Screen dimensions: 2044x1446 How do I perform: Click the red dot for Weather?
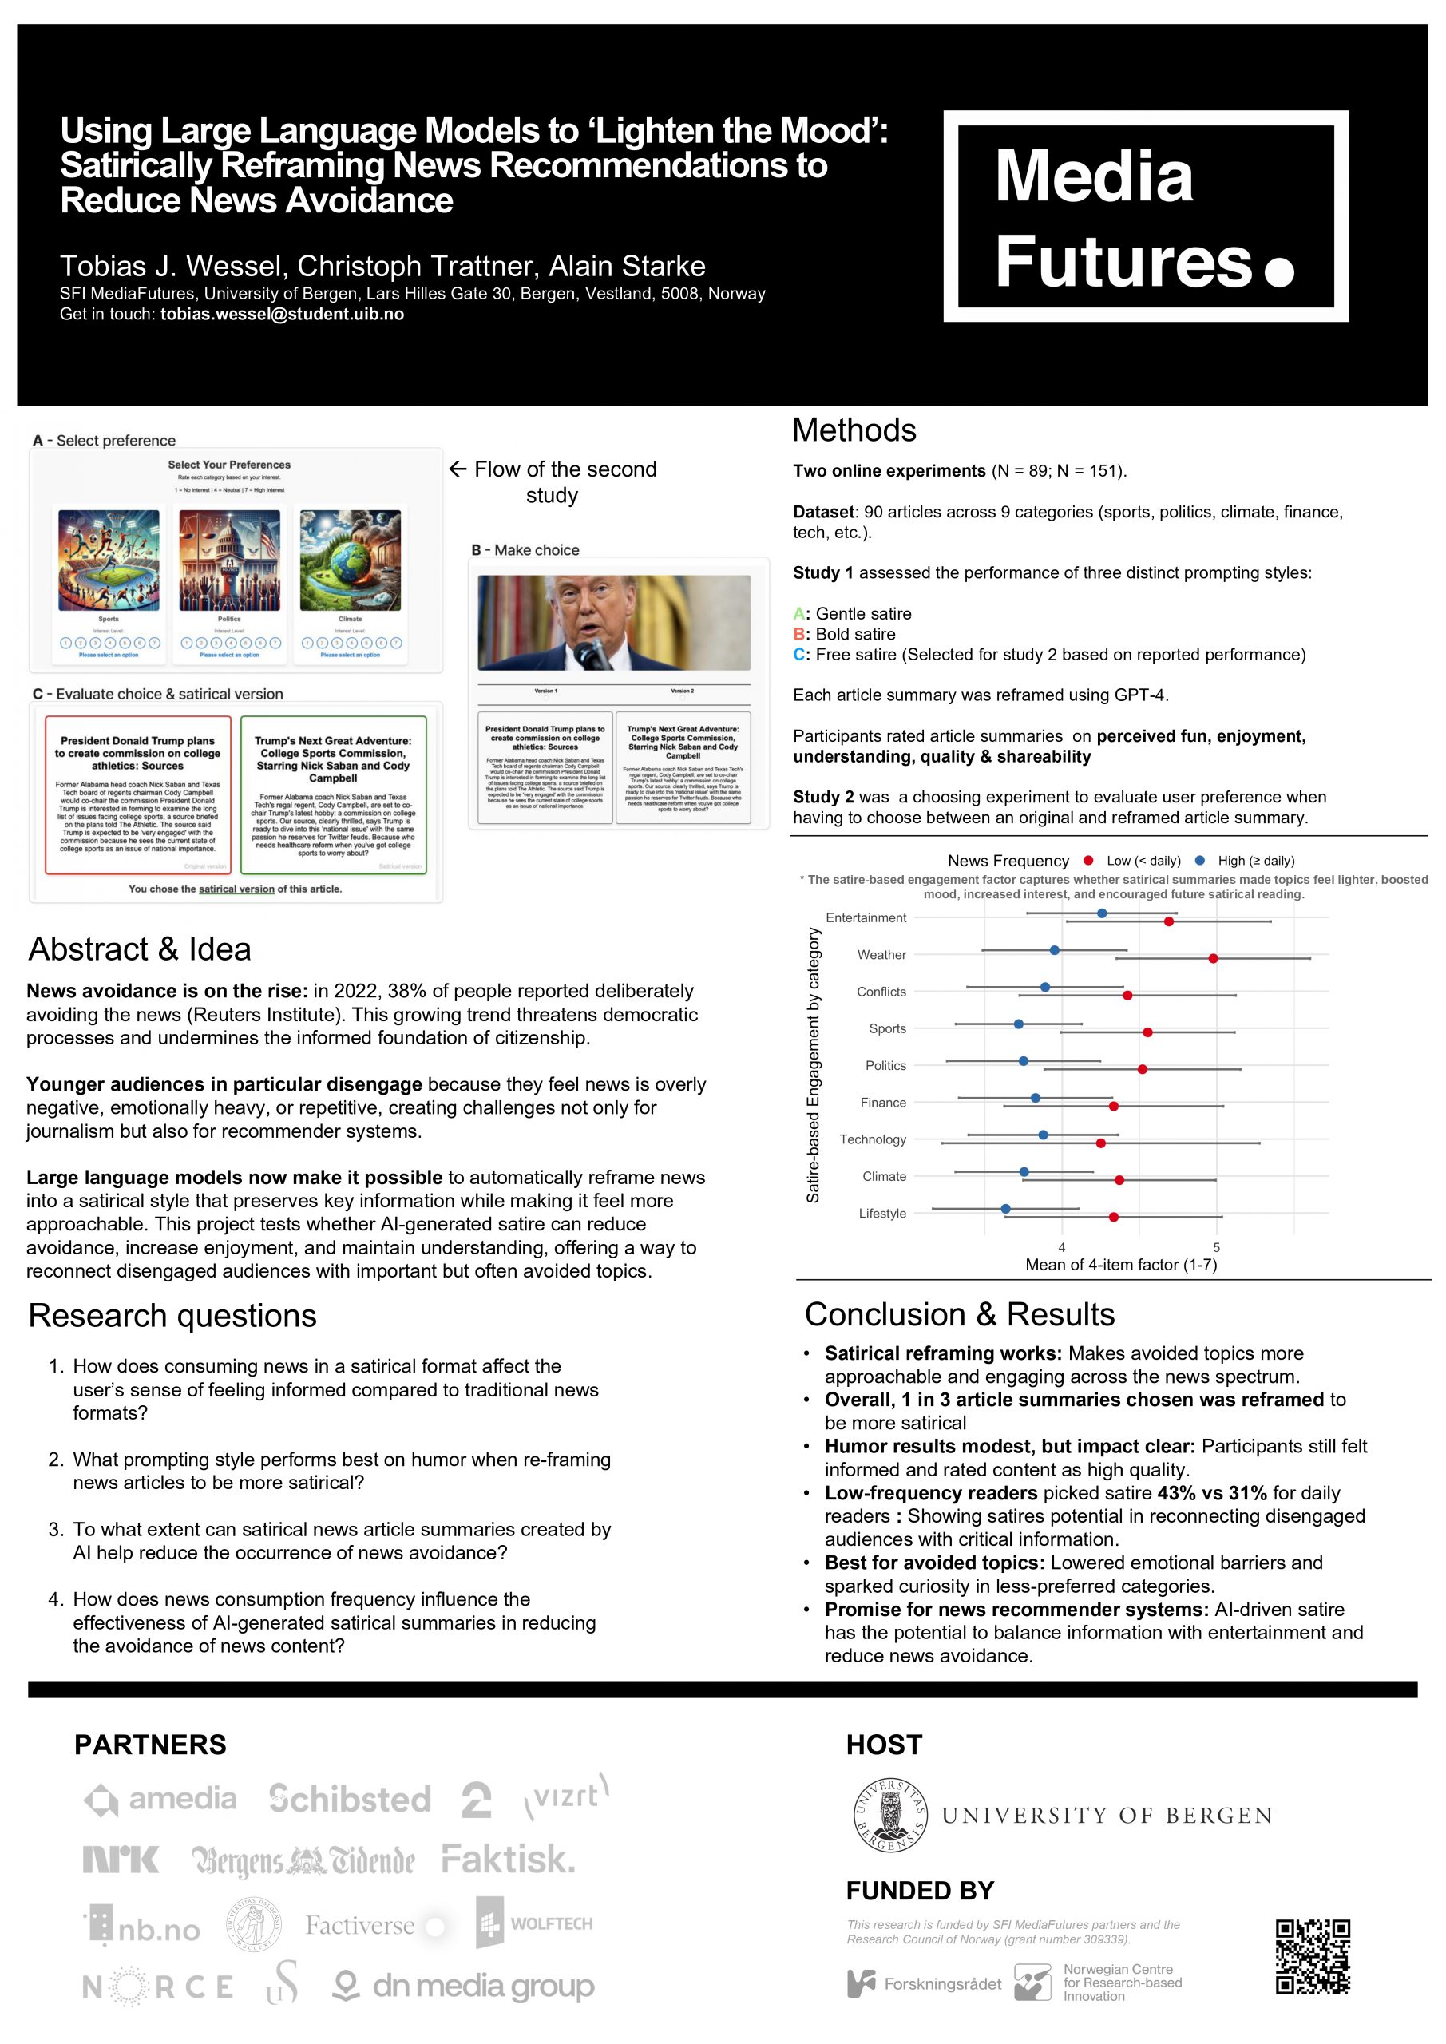1213,958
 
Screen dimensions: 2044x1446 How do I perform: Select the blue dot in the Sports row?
1019,1024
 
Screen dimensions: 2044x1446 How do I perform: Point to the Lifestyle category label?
881,1214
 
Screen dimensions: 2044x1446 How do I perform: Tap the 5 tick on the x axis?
1216,1247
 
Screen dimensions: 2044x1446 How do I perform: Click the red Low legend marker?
1088,861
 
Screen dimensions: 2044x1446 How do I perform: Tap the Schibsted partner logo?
350,1799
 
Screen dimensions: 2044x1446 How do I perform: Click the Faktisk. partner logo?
509,1859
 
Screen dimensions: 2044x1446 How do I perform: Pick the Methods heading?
853,431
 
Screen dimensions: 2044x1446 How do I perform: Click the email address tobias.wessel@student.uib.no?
283,315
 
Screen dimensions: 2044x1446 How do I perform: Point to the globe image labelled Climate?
350,560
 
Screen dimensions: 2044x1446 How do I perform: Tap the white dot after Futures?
1278,271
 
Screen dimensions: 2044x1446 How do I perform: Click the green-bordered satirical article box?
333,794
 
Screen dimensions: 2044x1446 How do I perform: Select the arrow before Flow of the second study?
458,469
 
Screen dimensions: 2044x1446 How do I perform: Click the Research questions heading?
172,1316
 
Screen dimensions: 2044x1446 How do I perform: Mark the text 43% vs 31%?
1212,1493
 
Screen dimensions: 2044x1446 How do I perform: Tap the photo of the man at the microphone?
613,622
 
